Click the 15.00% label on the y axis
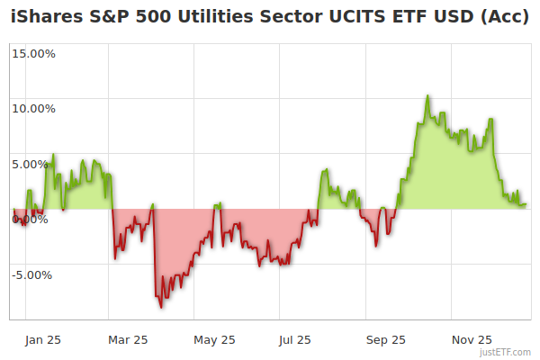pyautogui.click(x=33, y=53)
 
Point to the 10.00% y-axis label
pyautogui.click(x=33, y=109)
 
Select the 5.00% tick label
pyautogui.click(x=36, y=164)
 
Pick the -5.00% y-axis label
pyautogui.click(x=34, y=274)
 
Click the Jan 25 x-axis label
pyautogui.click(x=42, y=339)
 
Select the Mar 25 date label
pyautogui.click(x=128, y=339)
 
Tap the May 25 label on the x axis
pyautogui.click(x=214, y=339)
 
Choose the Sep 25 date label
pyautogui.click(x=385, y=339)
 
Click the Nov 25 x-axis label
pyautogui.click(x=472, y=339)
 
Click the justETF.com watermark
pyautogui.click(x=506, y=353)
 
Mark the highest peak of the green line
pyautogui.click(x=427, y=95)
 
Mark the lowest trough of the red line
pyautogui.click(x=161, y=307)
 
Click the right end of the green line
pyautogui.click(x=526, y=204)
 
